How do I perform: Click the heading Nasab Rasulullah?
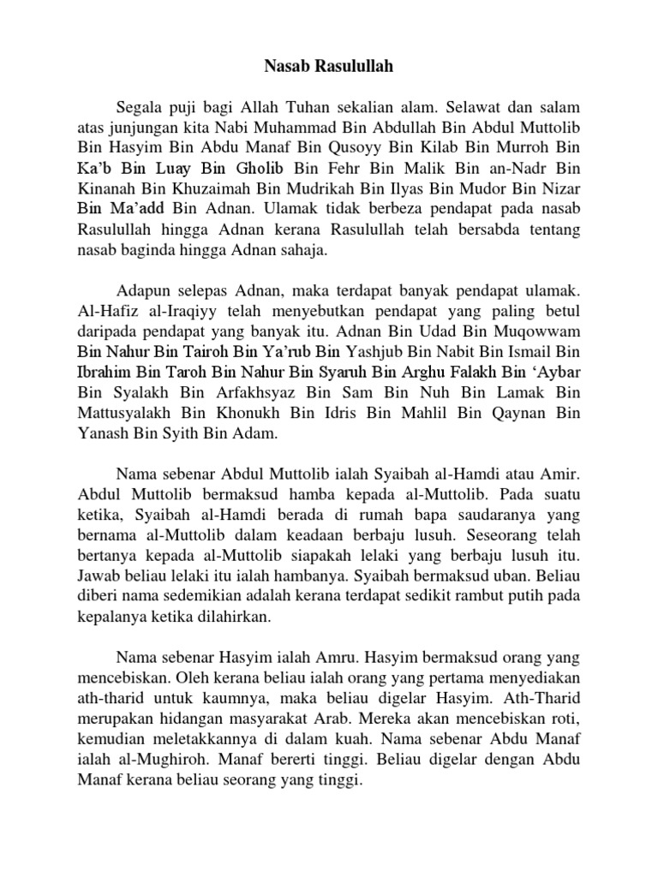click(328, 64)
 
